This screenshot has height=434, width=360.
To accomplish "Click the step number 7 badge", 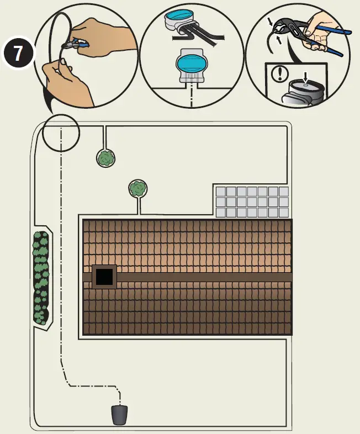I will click(x=18, y=54).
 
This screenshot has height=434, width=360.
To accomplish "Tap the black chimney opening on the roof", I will click(x=104, y=277).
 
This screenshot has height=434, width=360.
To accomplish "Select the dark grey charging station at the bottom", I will click(x=119, y=415).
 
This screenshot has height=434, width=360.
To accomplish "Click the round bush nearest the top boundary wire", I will click(x=105, y=158).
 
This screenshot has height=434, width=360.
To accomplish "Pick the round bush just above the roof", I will click(x=137, y=189).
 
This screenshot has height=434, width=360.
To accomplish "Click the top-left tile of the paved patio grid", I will click(x=220, y=192).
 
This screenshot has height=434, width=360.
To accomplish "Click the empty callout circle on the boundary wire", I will click(x=61, y=133).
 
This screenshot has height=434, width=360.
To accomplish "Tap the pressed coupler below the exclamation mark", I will click(x=304, y=91).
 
